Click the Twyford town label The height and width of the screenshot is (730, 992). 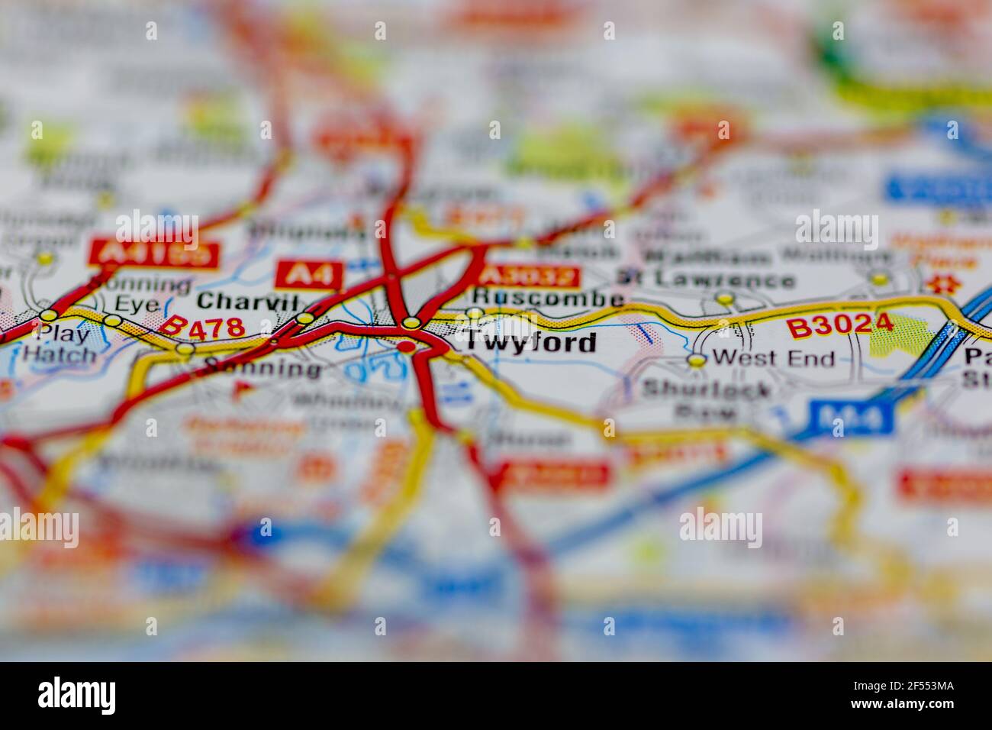click(x=530, y=344)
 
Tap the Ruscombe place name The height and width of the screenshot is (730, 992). click(x=547, y=298)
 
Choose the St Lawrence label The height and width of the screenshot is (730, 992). click(x=705, y=279)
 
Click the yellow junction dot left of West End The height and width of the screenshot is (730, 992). click(x=695, y=360)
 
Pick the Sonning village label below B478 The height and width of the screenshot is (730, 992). click(x=263, y=370)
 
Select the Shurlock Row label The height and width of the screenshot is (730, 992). click(x=706, y=399)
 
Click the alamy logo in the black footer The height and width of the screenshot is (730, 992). click(x=77, y=695)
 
